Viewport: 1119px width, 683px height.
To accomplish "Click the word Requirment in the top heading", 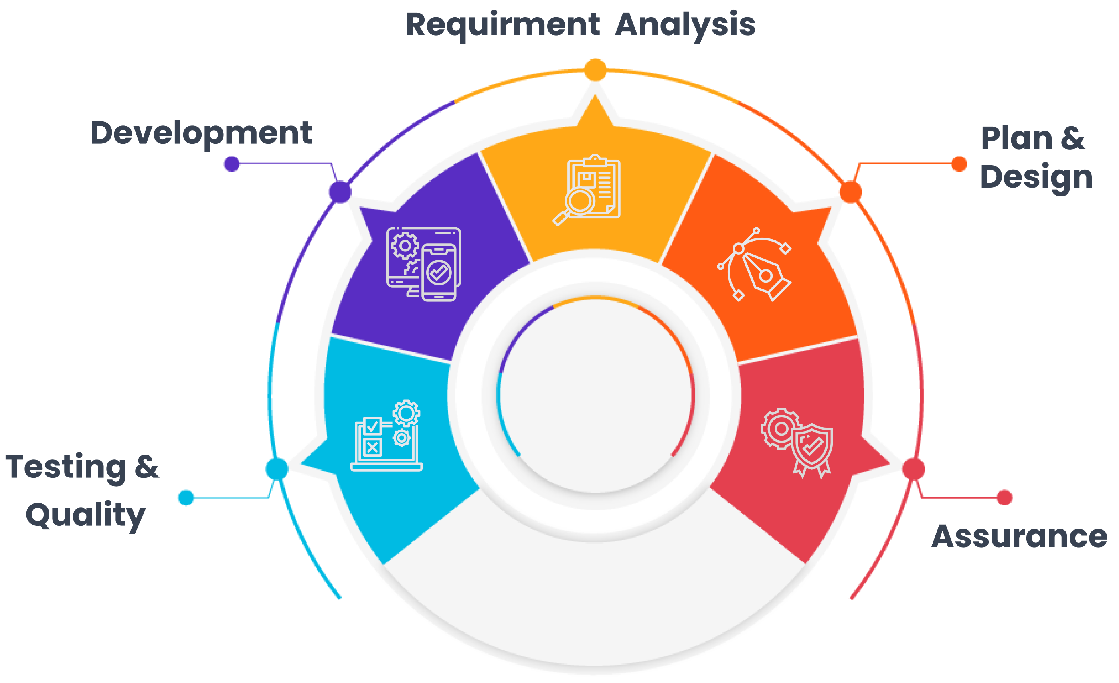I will (x=502, y=24).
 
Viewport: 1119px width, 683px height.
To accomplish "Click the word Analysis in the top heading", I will (x=685, y=24).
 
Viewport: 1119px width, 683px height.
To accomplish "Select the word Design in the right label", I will (x=1036, y=177).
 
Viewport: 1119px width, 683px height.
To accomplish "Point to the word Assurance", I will (x=1019, y=537).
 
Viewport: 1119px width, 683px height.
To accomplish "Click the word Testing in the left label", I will (x=65, y=467).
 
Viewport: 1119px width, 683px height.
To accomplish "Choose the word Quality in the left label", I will (x=85, y=515).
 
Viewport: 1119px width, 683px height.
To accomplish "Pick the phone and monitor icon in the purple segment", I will (x=424, y=264).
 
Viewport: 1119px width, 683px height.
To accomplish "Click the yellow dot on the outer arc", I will (x=595, y=70).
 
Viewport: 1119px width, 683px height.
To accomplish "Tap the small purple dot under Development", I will (x=232, y=164).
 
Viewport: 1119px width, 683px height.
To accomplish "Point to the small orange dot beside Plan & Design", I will (x=959, y=164).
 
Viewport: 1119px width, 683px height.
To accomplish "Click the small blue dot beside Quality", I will (x=186, y=497).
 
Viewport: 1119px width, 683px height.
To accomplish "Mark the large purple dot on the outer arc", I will (x=340, y=191).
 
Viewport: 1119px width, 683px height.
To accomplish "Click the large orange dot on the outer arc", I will (x=850, y=191).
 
